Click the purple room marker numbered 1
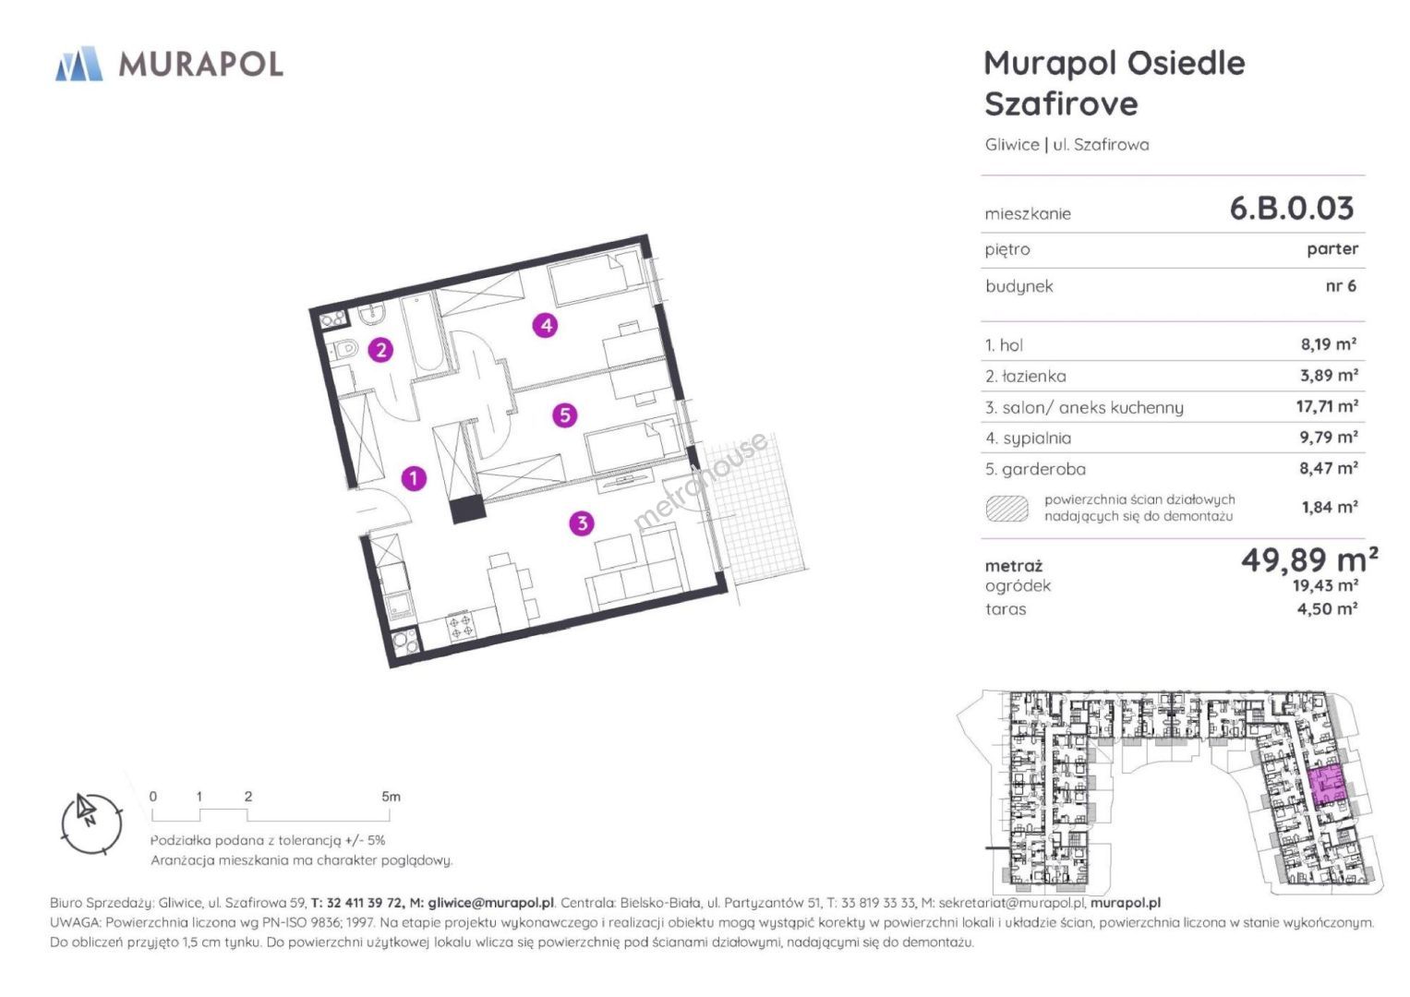click(414, 478)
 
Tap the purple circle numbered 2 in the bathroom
click(380, 350)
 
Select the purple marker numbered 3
click(582, 523)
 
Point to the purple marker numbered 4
click(545, 325)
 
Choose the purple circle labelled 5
click(564, 415)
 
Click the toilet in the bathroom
click(344, 348)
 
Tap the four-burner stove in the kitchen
click(460, 626)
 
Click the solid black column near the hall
click(468, 509)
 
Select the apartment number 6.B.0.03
click(1292, 209)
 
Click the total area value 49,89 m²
click(1309, 559)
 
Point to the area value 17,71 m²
click(1327, 406)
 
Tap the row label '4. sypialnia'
click(1028, 438)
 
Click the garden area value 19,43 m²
click(1325, 585)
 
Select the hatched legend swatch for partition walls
click(1007, 509)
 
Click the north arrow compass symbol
click(91, 823)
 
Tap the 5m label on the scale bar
click(391, 796)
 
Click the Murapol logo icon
click(79, 64)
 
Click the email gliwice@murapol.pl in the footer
click(490, 903)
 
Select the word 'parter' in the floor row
click(1332, 249)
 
